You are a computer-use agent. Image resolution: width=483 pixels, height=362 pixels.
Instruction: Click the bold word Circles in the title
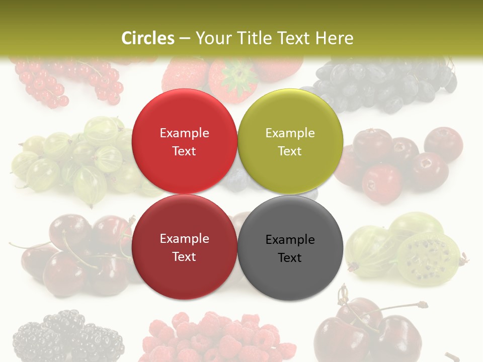point(148,38)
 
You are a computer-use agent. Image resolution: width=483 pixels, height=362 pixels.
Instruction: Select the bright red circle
point(184,141)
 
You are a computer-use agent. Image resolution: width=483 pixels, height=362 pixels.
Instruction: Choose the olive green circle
point(290,141)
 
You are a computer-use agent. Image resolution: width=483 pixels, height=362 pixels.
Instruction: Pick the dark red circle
point(184,247)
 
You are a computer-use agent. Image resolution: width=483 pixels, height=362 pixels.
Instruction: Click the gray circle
point(290,248)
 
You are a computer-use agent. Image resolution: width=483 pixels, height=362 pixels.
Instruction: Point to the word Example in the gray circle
point(290,239)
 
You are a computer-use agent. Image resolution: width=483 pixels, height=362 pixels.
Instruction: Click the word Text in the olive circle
point(290,151)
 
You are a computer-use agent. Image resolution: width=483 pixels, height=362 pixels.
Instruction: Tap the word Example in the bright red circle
point(184,133)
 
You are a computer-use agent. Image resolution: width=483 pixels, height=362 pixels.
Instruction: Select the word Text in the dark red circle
point(184,256)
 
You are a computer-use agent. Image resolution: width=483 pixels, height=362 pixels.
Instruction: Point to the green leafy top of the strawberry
point(234,75)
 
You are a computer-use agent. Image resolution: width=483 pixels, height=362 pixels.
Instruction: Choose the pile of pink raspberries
point(216,337)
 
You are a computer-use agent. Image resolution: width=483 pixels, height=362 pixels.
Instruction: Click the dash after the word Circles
point(185,38)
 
